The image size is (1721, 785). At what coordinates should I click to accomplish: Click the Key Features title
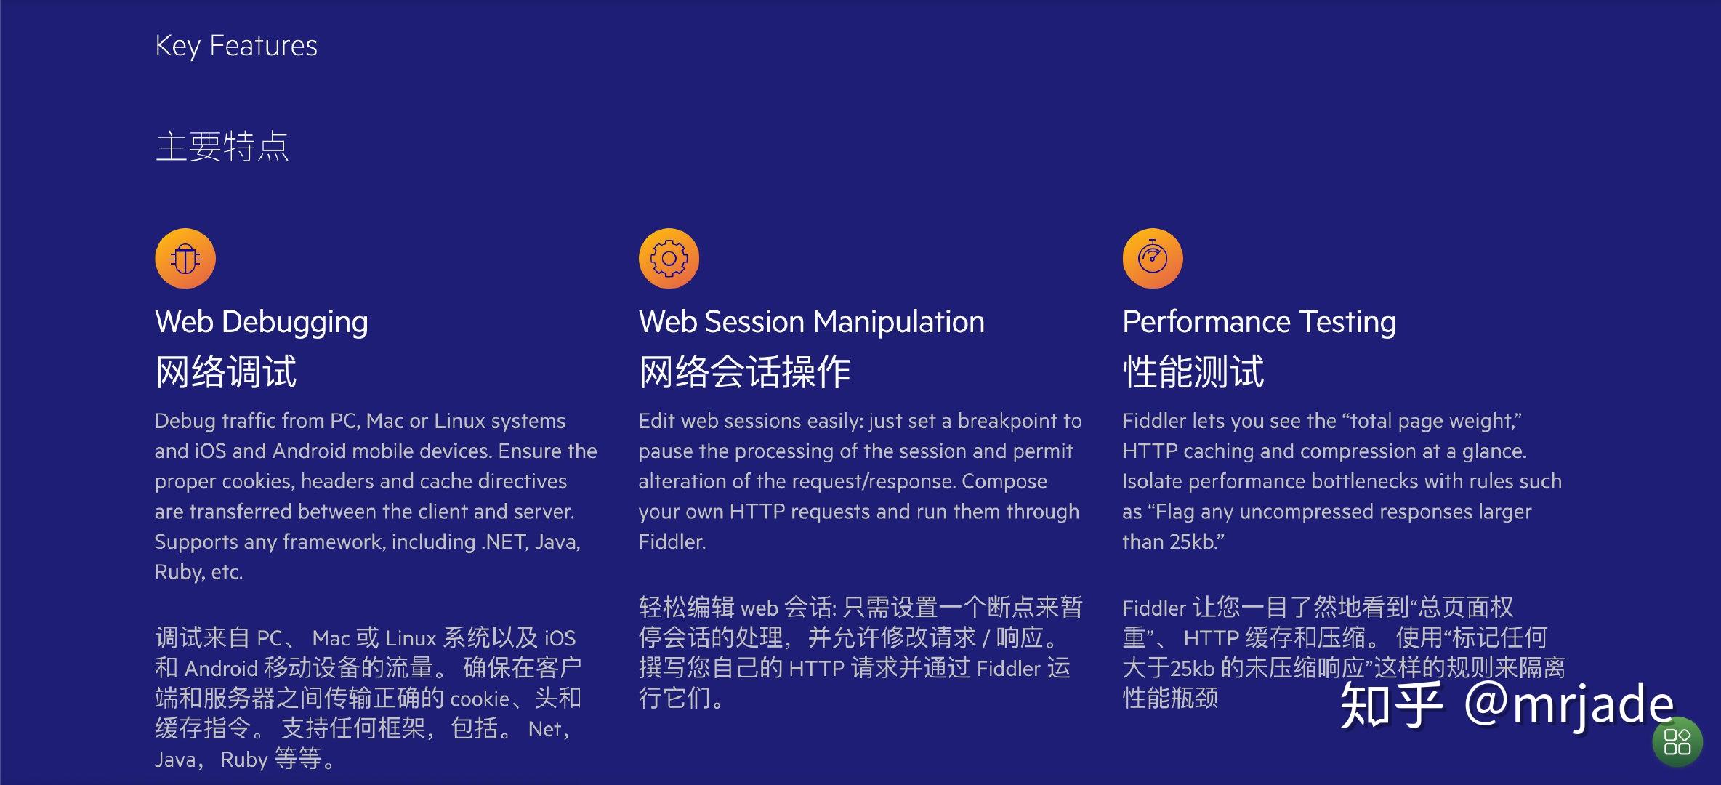pos(236,46)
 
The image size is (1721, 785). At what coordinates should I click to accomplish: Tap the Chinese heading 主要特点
pos(222,146)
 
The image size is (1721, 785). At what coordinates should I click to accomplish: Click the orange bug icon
pos(185,259)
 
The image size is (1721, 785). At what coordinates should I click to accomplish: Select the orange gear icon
pos(669,259)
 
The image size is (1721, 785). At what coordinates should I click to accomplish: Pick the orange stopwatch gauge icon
pos(1153,259)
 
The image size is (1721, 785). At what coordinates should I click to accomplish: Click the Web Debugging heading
pos(262,322)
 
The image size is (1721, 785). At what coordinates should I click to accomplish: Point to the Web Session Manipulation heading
pos(812,322)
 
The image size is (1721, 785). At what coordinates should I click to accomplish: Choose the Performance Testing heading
pos(1259,322)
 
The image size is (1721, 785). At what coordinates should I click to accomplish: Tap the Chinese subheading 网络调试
pos(226,371)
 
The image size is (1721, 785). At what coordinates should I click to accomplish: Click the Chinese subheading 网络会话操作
pos(745,371)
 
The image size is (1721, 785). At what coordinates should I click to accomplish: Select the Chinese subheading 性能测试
pos(1193,371)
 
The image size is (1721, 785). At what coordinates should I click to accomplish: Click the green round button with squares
pos(1677,742)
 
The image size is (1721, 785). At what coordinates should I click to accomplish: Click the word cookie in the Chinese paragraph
pos(480,699)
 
